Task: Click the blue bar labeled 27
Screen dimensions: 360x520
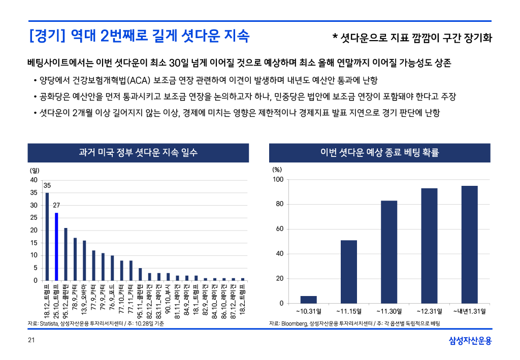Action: point(56,246)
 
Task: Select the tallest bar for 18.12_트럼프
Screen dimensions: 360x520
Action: point(47,236)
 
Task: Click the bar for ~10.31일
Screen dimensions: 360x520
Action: point(308,300)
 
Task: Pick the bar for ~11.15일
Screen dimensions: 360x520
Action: point(348,272)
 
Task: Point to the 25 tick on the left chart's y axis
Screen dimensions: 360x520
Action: point(33,218)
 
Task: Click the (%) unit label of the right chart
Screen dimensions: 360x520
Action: point(277,170)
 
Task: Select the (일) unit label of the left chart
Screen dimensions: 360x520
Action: point(34,170)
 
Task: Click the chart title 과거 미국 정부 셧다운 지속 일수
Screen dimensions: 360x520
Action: point(138,152)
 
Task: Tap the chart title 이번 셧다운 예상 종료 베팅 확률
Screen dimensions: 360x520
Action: point(380,152)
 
